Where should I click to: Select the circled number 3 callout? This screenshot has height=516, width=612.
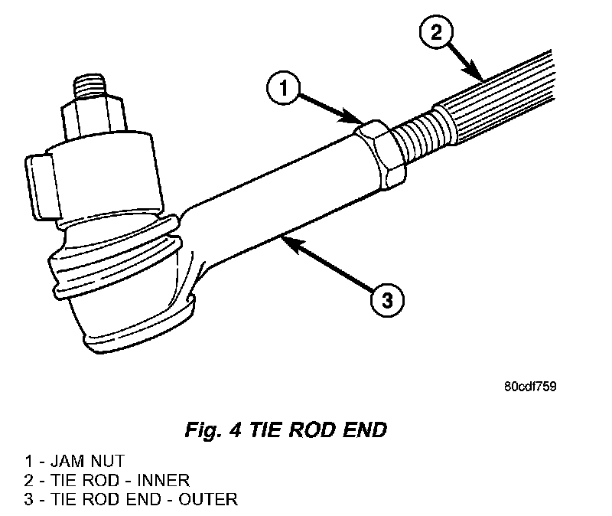click(x=386, y=298)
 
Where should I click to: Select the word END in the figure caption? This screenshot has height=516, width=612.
click(x=365, y=430)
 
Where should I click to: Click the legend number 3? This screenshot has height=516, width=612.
click(x=28, y=499)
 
